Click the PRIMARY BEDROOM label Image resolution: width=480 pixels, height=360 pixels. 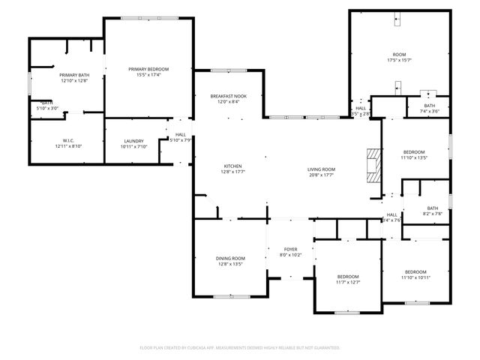point(148,68)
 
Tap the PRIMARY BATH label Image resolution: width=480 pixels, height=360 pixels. point(74,75)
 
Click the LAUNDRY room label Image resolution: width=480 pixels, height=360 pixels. point(133,140)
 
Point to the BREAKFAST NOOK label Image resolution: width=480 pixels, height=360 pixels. point(229,96)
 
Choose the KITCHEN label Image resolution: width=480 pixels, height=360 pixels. point(232,166)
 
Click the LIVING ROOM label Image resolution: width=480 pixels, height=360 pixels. point(321,169)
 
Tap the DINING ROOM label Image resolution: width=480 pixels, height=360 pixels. point(231,258)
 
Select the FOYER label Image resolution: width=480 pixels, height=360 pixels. point(291,249)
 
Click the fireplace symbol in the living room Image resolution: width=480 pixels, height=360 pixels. point(373,164)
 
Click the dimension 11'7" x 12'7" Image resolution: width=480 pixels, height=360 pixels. point(348,282)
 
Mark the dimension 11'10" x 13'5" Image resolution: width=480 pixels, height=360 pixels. point(413,157)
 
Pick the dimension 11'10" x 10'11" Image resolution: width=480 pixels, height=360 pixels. point(415,277)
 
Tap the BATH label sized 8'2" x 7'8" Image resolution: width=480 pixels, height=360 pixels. point(433,208)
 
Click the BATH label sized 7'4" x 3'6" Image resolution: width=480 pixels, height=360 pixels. point(429,106)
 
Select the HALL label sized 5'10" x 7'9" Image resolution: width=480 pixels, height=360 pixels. point(181,134)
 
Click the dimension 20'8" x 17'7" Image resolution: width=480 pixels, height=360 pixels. point(321,175)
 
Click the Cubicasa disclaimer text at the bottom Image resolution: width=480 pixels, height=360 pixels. point(240,348)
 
